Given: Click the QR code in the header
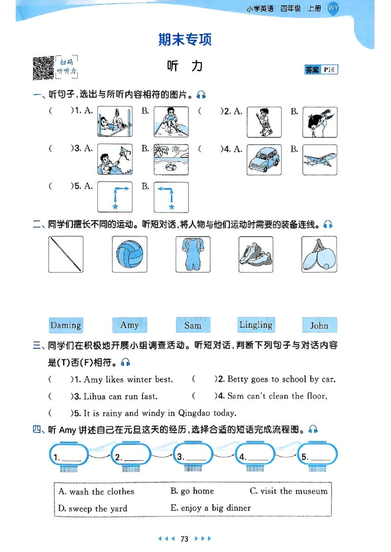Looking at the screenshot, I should click(43, 68).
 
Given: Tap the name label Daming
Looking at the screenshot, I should click(65, 325).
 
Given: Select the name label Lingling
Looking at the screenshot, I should click(256, 325).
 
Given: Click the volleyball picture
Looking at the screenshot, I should click(130, 255).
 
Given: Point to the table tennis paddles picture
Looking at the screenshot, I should click(319, 255).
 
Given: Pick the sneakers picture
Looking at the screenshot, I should click(256, 255).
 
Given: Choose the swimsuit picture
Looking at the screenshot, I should click(193, 255).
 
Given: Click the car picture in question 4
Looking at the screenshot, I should click(264, 160).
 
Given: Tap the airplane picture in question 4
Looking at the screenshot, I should click(320, 160).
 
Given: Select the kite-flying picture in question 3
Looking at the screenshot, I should click(115, 159).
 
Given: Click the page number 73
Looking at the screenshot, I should click(184, 539).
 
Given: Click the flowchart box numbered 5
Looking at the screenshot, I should click(317, 457).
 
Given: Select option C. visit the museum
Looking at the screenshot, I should click(288, 491).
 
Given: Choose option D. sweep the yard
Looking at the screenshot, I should click(93, 509).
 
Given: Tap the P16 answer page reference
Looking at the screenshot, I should click(329, 70).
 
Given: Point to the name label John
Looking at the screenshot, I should click(319, 325).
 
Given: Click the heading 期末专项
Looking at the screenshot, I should click(185, 40).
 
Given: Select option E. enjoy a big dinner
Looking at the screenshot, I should click(211, 508).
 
